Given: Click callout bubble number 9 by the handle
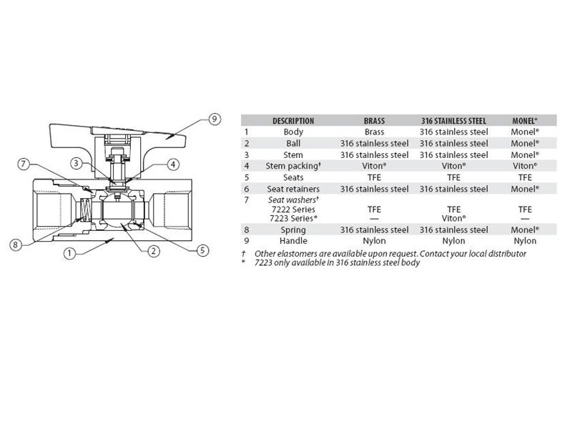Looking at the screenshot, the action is [214, 119].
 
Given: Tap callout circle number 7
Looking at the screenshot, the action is [24, 164].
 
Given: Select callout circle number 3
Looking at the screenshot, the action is [76, 163].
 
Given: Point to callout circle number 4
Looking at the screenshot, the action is [173, 164].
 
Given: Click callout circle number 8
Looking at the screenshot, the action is [15, 245].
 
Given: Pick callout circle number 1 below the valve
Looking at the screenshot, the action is [69, 253].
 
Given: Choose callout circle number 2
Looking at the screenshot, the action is [154, 251].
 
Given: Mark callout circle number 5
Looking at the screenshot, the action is [202, 250].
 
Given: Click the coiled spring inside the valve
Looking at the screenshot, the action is [84, 210].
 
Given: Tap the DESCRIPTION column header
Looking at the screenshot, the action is [293, 121].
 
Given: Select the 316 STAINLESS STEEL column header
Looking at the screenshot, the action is [453, 121].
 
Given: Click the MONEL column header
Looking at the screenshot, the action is [525, 121].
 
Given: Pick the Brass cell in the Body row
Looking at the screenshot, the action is [374, 132].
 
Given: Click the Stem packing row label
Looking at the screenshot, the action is [293, 166].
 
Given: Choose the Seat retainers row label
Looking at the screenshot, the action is [293, 189].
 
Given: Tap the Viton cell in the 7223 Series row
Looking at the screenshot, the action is [454, 219].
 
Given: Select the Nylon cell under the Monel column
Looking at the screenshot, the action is [525, 241].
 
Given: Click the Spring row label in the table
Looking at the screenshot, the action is [293, 230].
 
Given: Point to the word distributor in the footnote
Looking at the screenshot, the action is [508, 254].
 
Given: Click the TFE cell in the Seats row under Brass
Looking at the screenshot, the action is [374, 177].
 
